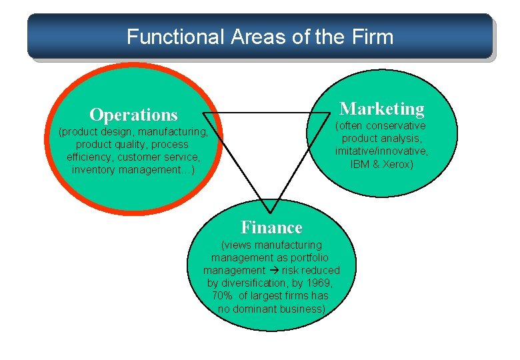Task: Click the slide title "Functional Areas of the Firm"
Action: coord(260,36)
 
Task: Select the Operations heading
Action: coord(133,115)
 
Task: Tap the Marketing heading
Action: coord(382,108)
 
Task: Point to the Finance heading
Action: coord(271,227)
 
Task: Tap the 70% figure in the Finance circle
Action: coord(223,295)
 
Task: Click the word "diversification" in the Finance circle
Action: coord(249,283)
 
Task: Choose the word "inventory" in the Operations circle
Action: coord(95,169)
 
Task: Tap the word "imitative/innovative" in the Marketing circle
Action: coord(381,151)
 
